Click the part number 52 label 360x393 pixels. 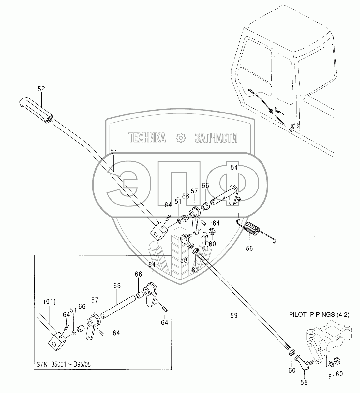tap(41, 89)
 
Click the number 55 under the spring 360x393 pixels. tap(249, 248)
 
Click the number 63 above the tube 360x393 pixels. tap(117, 286)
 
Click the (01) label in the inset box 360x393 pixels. tap(50, 302)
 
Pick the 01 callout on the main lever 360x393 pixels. tap(113, 152)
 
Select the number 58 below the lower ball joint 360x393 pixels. tap(304, 383)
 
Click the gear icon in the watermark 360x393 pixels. tap(180, 138)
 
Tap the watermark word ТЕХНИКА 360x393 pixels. tap(147, 138)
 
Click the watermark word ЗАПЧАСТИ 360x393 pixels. tap(216, 138)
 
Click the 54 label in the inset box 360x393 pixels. tap(152, 265)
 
